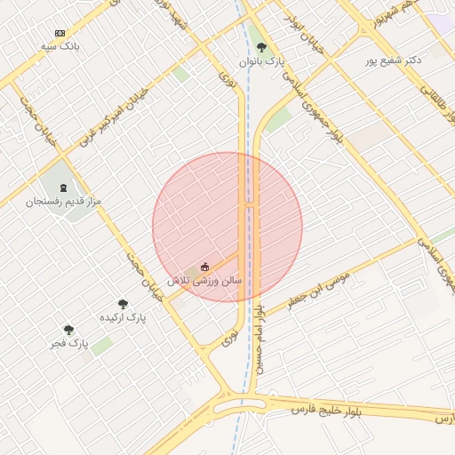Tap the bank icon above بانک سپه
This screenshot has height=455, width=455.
60,32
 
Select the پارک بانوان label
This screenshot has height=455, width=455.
262,61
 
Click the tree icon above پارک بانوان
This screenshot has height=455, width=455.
260,47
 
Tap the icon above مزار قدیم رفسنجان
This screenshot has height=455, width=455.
63,188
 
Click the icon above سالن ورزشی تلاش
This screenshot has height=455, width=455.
205,266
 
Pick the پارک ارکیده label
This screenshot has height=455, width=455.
123,317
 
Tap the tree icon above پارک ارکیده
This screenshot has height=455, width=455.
123,304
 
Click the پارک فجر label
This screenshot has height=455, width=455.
69,342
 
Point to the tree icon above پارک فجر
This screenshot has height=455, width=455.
68,329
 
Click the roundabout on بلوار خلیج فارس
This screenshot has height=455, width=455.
240,408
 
